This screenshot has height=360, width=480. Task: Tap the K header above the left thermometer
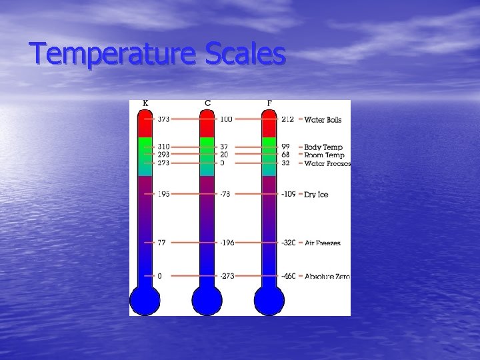145,103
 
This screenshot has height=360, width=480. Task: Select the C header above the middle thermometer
208,103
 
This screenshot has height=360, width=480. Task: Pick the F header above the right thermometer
269,103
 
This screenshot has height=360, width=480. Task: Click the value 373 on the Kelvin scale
164,120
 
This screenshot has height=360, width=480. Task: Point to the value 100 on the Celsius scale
226,120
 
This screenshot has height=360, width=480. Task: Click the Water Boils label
323,120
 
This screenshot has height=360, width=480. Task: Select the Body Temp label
323,147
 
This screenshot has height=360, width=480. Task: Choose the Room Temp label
324,155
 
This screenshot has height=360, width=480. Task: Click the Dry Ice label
316,195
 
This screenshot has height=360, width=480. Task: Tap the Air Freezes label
323,243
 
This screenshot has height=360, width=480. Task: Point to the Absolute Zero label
327,276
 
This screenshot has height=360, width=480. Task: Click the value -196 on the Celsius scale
228,243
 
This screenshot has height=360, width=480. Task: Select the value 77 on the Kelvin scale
161,243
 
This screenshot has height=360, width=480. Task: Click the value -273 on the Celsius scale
228,276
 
